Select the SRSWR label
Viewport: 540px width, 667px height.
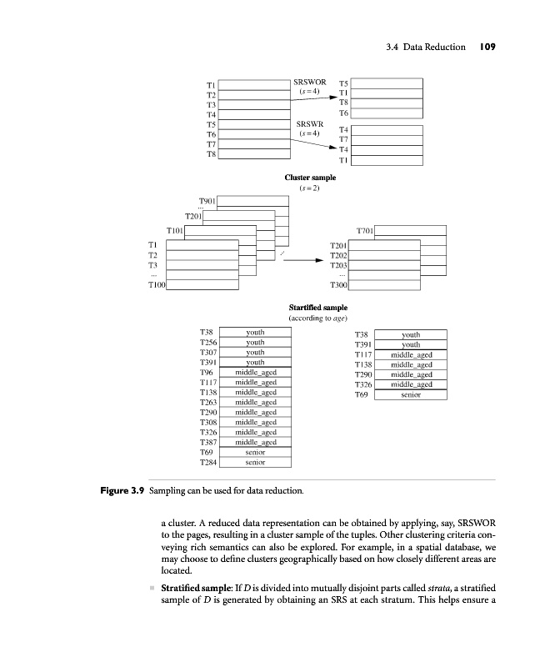pyautogui.click(x=309, y=123)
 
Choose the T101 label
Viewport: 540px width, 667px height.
pyautogui.click(x=175, y=229)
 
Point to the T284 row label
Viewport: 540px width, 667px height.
pyautogui.click(x=209, y=461)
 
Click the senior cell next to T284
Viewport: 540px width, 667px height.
pyautogui.click(x=255, y=461)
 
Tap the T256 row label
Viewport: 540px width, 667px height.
pyautogui.click(x=209, y=342)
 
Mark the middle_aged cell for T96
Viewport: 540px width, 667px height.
pyautogui.click(x=255, y=372)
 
